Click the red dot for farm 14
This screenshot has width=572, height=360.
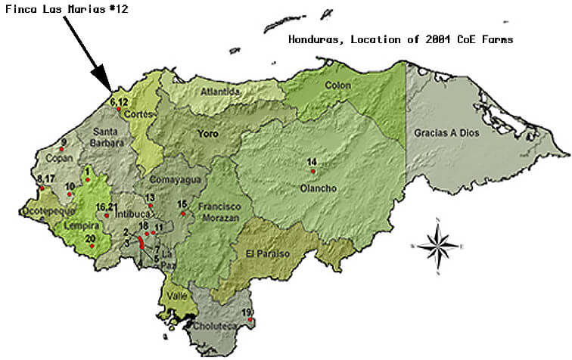pyautogui.click(x=312, y=172)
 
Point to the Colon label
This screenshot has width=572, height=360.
pyautogui.click(x=338, y=85)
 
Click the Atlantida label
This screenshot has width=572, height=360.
pyautogui.click(x=220, y=92)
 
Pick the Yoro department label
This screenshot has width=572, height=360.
pyautogui.click(x=208, y=134)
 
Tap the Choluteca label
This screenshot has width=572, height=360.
pyautogui.click(x=216, y=327)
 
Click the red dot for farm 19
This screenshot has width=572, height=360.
pyautogui.click(x=250, y=320)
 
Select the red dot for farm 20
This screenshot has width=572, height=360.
pyautogui.click(x=92, y=247)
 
